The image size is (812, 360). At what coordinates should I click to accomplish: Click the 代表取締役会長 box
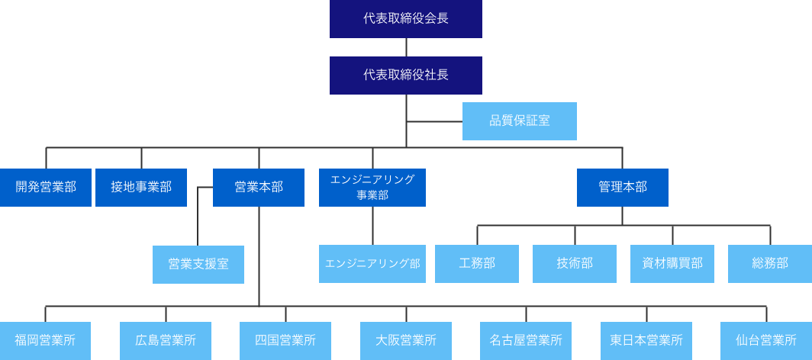[x=406, y=19]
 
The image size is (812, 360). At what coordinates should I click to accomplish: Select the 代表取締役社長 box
[x=406, y=76]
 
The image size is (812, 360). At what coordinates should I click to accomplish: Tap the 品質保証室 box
[x=520, y=121]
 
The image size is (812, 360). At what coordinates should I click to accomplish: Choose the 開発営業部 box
[x=46, y=188]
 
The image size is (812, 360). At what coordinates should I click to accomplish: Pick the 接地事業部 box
[x=141, y=188]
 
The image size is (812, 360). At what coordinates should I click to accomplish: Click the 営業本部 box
[x=259, y=188]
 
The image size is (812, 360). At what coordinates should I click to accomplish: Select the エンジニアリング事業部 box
[x=372, y=188]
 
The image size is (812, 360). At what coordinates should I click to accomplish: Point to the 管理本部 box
[x=623, y=188]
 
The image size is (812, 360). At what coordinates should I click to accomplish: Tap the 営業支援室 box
[x=198, y=265]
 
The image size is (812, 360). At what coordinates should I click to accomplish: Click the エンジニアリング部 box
[x=372, y=264]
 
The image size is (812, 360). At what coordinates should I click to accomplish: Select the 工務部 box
[x=477, y=264]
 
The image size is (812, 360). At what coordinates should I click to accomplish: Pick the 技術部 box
[x=575, y=264]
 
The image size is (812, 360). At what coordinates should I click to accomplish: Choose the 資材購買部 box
[x=672, y=264]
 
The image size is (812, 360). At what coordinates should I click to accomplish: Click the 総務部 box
[x=769, y=264]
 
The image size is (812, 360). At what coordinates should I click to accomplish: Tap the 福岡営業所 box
[x=45, y=341]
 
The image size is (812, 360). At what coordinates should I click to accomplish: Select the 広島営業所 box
[x=166, y=341]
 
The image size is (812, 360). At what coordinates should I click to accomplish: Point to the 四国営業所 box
[x=285, y=341]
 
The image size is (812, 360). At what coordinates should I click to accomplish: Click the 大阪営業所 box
[x=406, y=341]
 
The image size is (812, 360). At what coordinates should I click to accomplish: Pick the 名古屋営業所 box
[x=526, y=341]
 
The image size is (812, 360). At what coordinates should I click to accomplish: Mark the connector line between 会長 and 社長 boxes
[x=406, y=47]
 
